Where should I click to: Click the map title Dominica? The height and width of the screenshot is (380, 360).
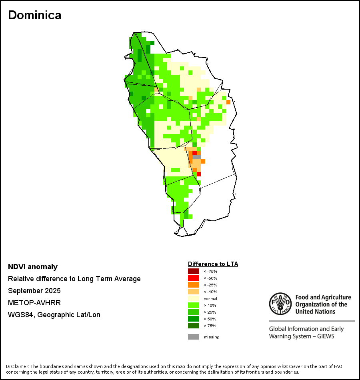(x=35, y=15)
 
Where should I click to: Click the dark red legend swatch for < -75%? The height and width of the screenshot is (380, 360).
(x=193, y=271)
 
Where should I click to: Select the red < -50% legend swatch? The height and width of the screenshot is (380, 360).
(x=193, y=278)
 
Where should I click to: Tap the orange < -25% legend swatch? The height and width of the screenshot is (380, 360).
(x=193, y=285)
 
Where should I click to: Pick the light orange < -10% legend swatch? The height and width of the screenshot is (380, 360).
(x=193, y=292)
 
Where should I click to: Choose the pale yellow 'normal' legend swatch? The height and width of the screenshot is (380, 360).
(x=193, y=298)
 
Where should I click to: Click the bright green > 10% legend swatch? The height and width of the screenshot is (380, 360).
(x=193, y=305)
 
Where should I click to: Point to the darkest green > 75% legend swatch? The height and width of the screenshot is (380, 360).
(x=193, y=326)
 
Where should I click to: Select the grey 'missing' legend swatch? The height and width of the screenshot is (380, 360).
(x=193, y=337)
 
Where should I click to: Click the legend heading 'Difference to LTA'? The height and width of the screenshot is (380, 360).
(x=213, y=264)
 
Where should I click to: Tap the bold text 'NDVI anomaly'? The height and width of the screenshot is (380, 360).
(x=33, y=267)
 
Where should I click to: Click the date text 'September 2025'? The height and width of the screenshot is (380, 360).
(x=34, y=291)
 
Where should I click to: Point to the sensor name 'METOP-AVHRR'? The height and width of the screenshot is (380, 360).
(x=34, y=303)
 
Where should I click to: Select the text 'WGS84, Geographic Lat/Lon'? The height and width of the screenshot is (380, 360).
(x=54, y=315)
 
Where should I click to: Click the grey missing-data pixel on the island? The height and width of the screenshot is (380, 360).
(x=196, y=157)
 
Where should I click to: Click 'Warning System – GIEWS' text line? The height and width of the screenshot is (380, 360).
(x=302, y=336)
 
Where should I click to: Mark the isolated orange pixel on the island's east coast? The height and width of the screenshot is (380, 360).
(x=228, y=102)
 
